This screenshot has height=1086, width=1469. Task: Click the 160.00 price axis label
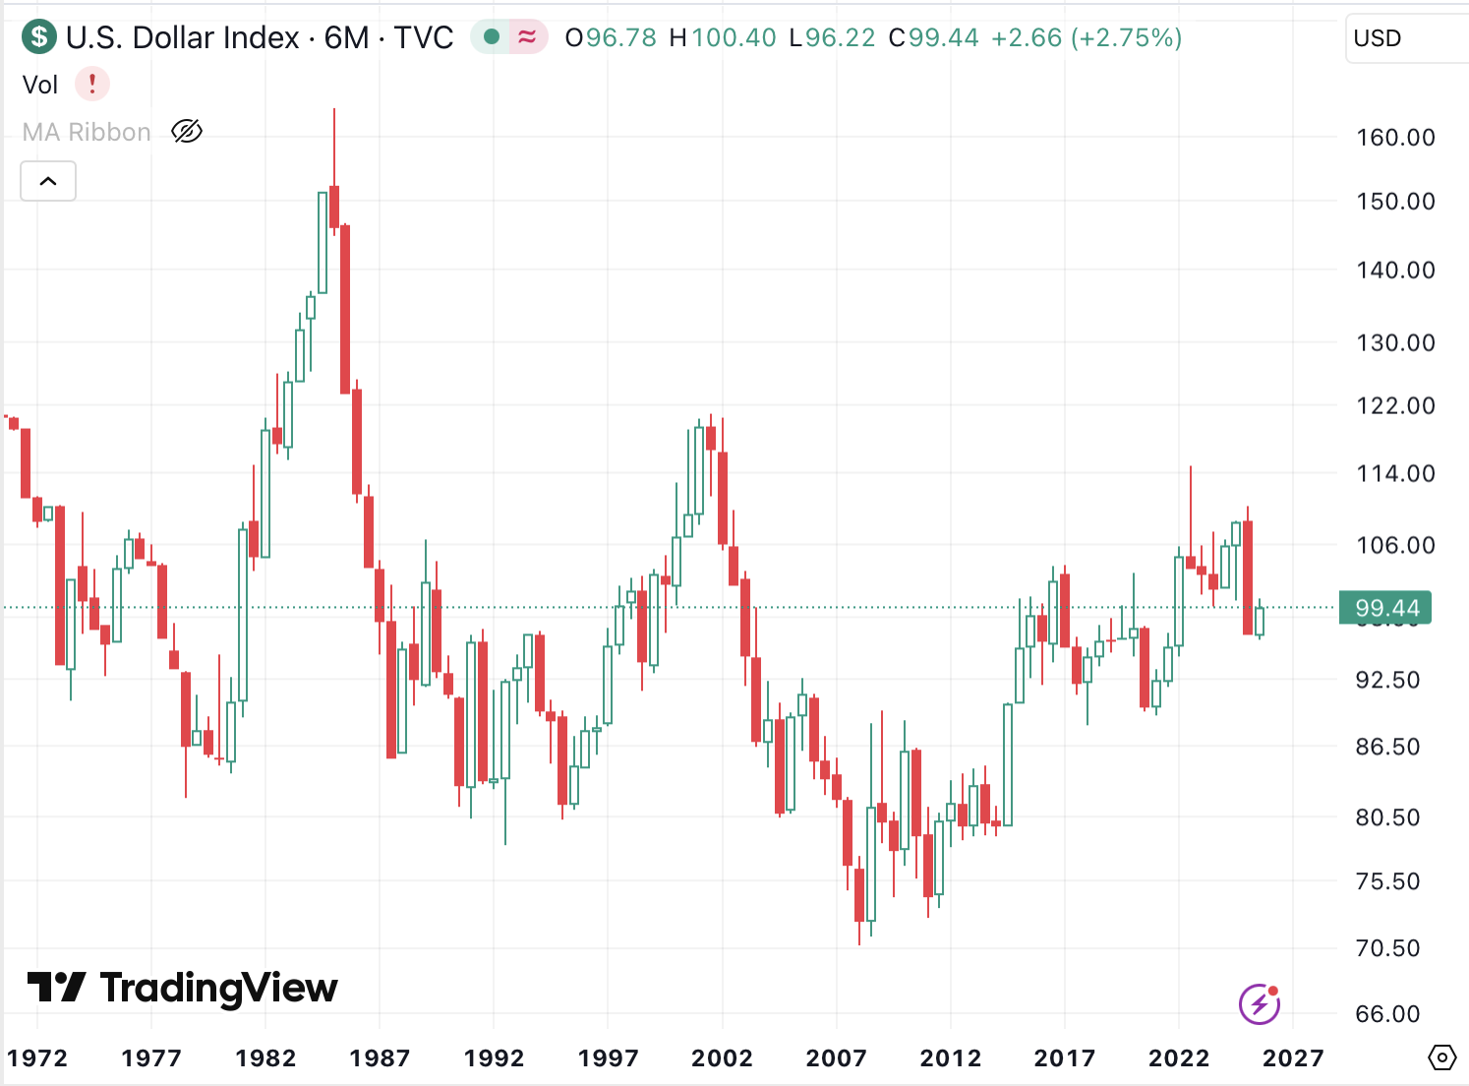point(1395,138)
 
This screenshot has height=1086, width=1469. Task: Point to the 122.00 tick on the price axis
point(1395,405)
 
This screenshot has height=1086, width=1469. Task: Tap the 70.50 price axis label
point(1387,948)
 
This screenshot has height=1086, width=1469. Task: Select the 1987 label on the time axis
point(380,1058)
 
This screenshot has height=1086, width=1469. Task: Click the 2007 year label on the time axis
point(836,1058)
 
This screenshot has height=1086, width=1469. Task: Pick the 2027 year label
point(1292,1058)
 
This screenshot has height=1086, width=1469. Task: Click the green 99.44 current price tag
point(1386,608)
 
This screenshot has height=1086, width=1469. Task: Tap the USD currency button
point(1378,38)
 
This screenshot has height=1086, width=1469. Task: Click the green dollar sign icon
point(39,37)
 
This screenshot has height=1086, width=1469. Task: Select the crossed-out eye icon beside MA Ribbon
point(187,131)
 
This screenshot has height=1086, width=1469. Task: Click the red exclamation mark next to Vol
point(92,84)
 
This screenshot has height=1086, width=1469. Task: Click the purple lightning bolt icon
point(1260,1004)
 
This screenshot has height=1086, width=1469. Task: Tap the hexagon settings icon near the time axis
point(1441,1058)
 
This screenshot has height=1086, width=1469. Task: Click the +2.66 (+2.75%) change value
point(1086,38)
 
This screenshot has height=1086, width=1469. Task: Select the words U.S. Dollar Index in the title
point(182,38)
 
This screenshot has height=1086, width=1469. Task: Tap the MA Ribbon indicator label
point(87,132)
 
